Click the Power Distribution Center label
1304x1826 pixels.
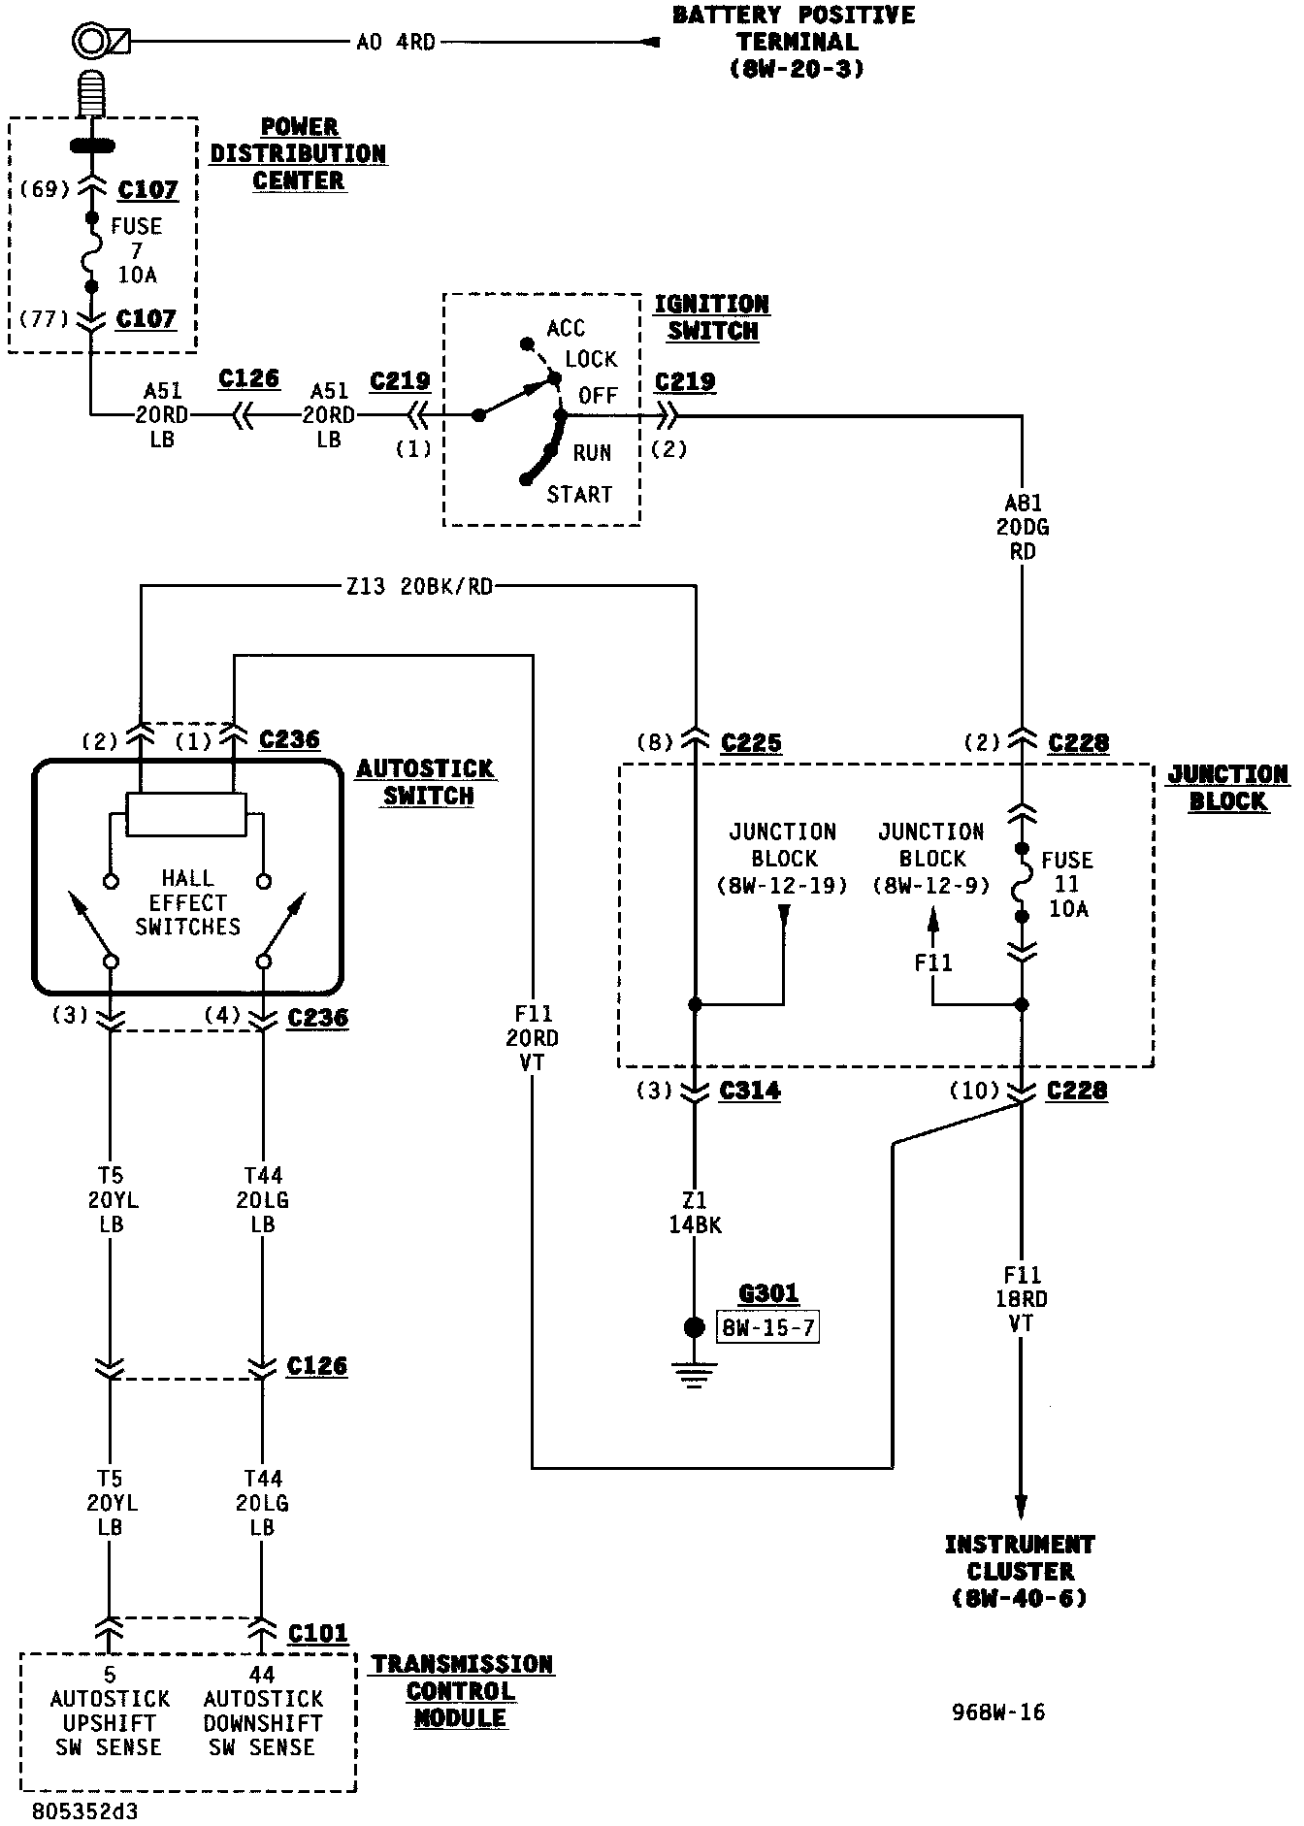pyautogui.click(x=298, y=154)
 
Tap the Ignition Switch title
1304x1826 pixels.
pyautogui.click(x=711, y=317)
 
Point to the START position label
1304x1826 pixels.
pyautogui.click(x=579, y=495)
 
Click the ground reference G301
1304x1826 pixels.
pyautogui.click(x=768, y=1293)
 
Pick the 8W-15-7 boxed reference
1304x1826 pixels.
pyautogui.click(x=767, y=1326)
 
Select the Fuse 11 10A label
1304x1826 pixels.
pyautogui.click(x=1067, y=884)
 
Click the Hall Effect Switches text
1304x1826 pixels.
pyautogui.click(x=187, y=902)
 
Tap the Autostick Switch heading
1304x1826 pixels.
pyautogui.click(x=426, y=782)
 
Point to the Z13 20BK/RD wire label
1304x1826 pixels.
pyautogui.click(x=419, y=587)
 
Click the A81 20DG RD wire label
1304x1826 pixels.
pyautogui.click(x=1023, y=527)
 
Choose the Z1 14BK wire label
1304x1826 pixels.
pyautogui.click(x=695, y=1213)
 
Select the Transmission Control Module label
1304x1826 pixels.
pyautogui.click(x=461, y=1690)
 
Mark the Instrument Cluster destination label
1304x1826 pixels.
pyautogui.click(x=1020, y=1571)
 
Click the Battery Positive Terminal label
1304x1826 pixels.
pyautogui.click(x=795, y=42)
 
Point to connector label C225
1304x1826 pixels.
pyautogui.click(x=751, y=743)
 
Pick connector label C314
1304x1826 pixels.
pyautogui.click(x=750, y=1092)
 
